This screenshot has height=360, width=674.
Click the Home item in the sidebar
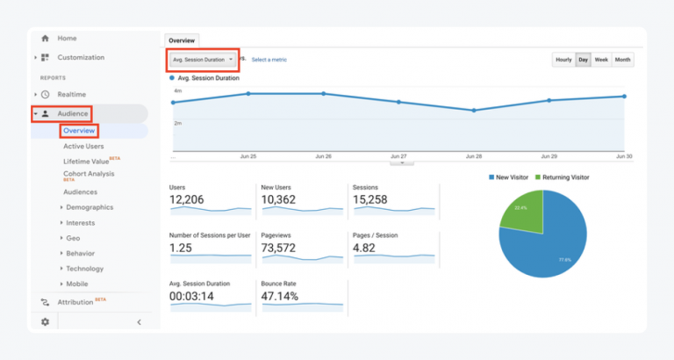pyautogui.click(x=67, y=39)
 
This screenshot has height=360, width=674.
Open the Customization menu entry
pyautogui.click(x=80, y=58)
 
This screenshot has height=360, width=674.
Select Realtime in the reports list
pyautogui.click(x=72, y=94)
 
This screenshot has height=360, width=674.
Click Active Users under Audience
pyautogui.click(x=83, y=147)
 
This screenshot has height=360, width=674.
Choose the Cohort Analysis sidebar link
pyautogui.click(x=89, y=174)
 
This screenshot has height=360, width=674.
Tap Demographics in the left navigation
pyautogui.click(x=90, y=207)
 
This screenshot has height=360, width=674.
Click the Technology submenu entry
pyautogui.click(x=84, y=269)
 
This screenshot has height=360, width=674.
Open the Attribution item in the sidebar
pyautogui.click(x=75, y=302)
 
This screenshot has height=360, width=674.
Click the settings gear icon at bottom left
pyautogui.click(x=46, y=322)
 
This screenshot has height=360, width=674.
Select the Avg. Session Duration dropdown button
pyautogui.click(x=202, y=60)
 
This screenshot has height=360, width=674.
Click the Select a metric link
pyautogui.click(x=269, y=60)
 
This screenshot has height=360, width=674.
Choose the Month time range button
pyautogui.click(x=622, y=60)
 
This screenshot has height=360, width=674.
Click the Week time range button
pyautogui.click(x=601, y=60)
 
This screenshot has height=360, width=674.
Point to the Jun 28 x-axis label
pyautogui.click(x=474, y=156)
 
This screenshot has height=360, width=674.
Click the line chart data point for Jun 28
pyautogui.click(x=474, y=110)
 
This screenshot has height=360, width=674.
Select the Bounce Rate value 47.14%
pyautogui.click(x=280, y=297)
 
